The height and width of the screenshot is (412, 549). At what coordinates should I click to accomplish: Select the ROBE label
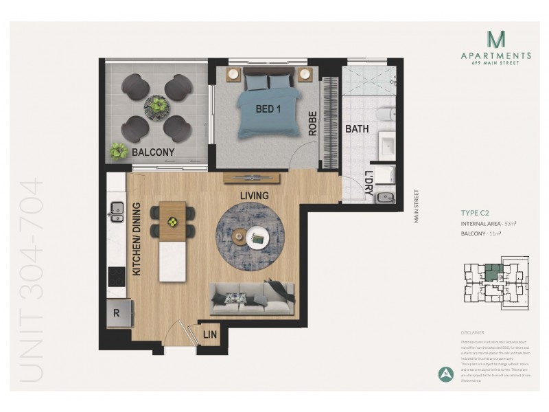coord(312,123)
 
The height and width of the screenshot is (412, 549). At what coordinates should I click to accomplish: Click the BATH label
coord(357,128)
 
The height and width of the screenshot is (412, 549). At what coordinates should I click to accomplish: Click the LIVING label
coord(254,196)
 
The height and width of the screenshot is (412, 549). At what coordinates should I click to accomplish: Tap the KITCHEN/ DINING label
coord(136,238)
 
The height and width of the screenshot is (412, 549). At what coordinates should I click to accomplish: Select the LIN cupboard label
coord(210,335)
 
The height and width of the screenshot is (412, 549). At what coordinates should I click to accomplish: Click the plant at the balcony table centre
coord(159,105)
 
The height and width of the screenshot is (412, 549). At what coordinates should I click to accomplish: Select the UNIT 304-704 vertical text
coord(32,281)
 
